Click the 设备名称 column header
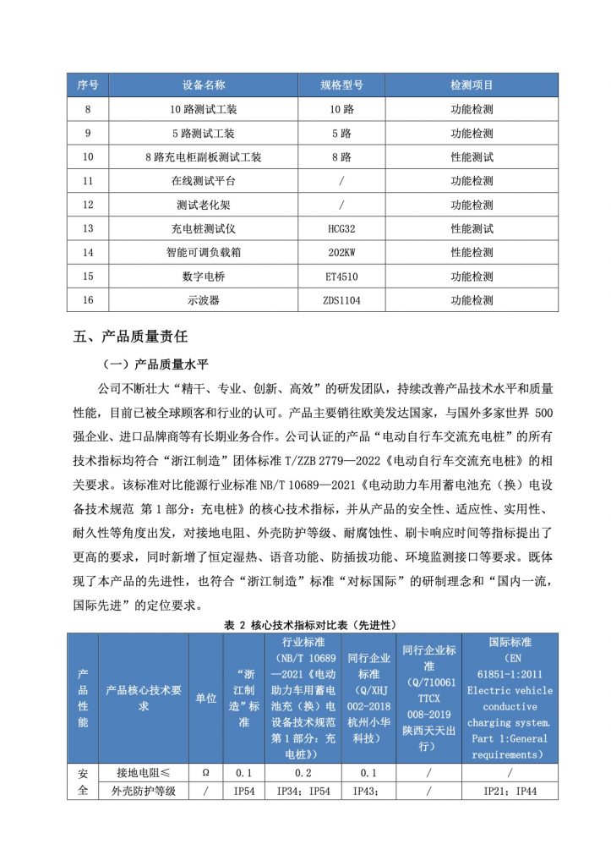tap(203, 85)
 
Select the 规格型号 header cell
tap(342, 85)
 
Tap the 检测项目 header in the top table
tap(472, 85)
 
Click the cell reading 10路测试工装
tap(203, 109)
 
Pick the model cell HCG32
tap(342, 228)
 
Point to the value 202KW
tap(342, 252)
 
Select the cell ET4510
tap(342, 276)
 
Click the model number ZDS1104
tap(342, 299)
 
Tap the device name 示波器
tap(203, 299)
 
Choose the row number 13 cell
tap(88, 228)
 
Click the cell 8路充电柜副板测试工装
tap(203, 157)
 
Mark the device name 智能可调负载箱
tap(203, 252)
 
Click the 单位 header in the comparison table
tap(205, 699)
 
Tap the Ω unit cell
tap(205, 773)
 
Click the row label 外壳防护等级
tap(143, 792)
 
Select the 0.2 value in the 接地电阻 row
tap(303, 773)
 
